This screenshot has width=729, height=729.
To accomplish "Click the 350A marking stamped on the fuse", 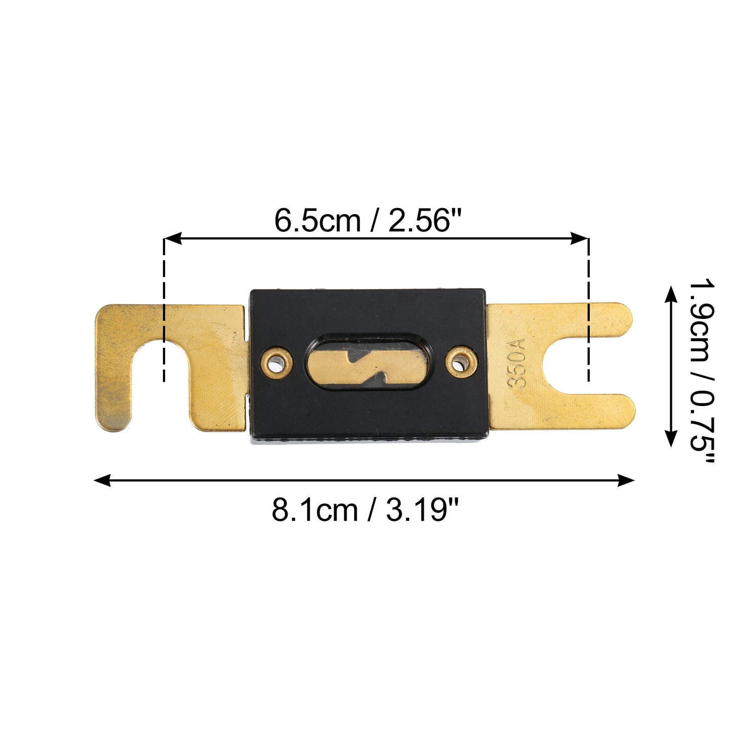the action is (x=516, y=363).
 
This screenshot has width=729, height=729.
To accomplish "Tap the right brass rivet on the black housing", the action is (x=460, y=363).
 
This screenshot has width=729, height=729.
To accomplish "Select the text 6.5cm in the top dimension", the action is (x=317, y=221).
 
